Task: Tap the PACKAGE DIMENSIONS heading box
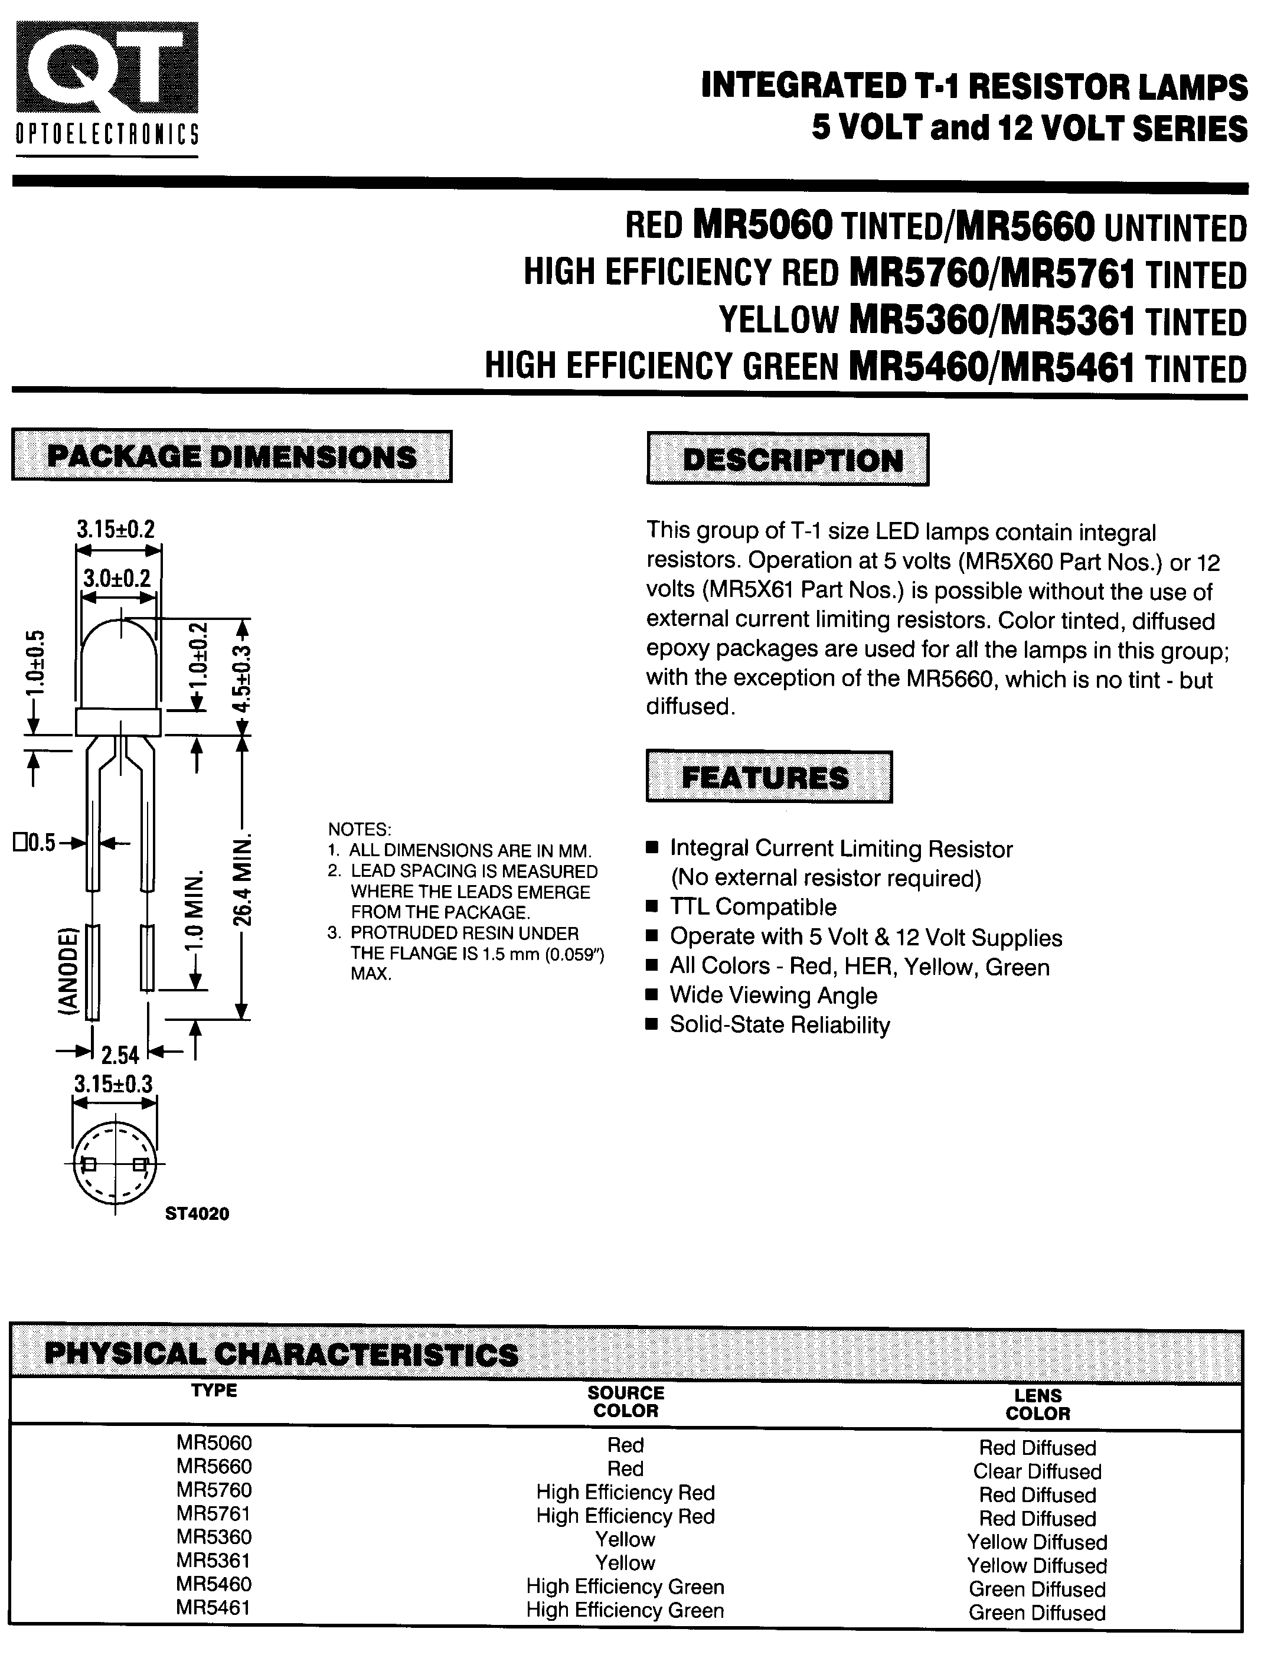(x=231, y=456)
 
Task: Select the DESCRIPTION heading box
(x=788, y=460)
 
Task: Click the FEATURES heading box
(x=769, y=777)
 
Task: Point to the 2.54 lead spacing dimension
(x=120, y=1055)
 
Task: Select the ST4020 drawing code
(x=197, y=1213)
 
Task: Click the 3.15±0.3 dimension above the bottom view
(x=113, y=1084)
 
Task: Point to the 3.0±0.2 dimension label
(x=116, y=579)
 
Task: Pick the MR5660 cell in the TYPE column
(x=214, y=1467)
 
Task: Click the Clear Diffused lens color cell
(x=1037, y=1471)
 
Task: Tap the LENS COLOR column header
(x=1037, y=1404)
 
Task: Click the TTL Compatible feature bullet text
(x=753, y=907)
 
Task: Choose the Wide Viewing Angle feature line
(x=773, y=996)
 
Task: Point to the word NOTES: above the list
(x=360, y=830)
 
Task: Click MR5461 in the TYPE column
(x=213, y=1608)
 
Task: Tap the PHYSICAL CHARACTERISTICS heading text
(x=282, y=1354)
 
